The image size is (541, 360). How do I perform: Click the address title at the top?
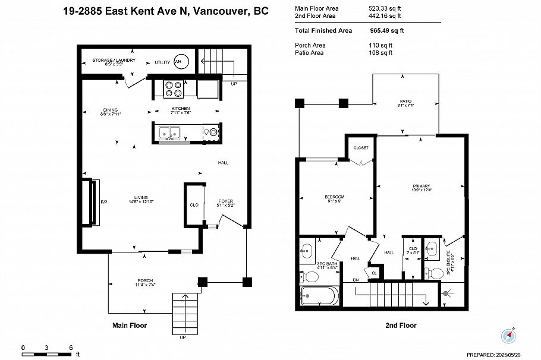(x=166, y=11)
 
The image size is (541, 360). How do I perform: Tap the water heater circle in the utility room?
(x=180, y=61)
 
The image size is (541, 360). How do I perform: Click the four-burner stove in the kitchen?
(x=174, y=89)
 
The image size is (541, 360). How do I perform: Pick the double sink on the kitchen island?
(x=169, y=133)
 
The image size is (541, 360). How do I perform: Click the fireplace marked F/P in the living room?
(x=92, y=203)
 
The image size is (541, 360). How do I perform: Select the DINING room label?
(x=110, y=110)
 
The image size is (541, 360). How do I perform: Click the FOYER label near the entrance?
(x=225, y=201)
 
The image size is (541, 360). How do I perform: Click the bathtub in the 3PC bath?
(x=320, y=296)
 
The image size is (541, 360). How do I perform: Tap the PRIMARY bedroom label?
(x=421, y=186)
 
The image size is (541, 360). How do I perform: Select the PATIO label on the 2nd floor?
(x=405, y=101)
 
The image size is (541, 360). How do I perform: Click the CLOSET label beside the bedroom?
(x=361, y=147)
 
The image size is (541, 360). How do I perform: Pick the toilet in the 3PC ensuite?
(x=436, y=273)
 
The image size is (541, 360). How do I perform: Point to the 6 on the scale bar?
(x=71, y=348)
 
